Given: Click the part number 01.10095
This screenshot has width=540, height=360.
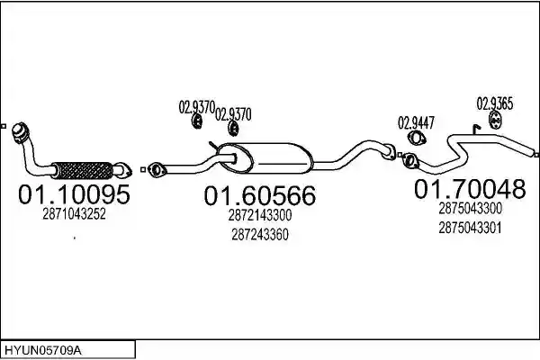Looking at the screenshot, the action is tap(74, 194).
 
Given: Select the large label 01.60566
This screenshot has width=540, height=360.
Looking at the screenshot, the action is tap(260, 195).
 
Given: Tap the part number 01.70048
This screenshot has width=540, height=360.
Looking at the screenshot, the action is tap(470, 189).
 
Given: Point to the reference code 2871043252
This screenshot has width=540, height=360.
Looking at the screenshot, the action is tap(74, 214).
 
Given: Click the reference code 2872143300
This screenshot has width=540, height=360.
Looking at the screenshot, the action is tap(260, 215).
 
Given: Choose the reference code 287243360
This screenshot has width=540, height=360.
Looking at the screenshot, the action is tap(260, 235).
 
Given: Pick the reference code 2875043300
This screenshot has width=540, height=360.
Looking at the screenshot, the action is tap(470, 209).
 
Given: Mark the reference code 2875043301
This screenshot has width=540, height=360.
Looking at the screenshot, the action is tap(470, 228).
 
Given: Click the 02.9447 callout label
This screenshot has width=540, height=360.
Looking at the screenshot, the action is tap(416, 123).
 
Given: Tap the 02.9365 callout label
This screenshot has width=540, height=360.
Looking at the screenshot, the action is tap(494, 103).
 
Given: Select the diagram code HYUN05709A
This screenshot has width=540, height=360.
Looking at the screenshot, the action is tap(43, 351).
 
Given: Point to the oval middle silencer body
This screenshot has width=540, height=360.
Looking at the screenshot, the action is tap(265, 158).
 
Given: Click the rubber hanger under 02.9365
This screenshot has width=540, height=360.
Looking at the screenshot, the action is tap(495, 121).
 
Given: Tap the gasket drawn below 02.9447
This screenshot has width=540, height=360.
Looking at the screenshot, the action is tap(417, 139).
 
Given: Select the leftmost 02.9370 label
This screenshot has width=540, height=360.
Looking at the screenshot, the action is tap(196, 107).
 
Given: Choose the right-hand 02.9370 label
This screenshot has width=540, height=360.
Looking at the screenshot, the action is tap(233, 114).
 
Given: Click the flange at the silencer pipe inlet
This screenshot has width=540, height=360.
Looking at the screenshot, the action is tap(157, 170).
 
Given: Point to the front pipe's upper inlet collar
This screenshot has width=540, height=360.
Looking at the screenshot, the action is tap(20, 131).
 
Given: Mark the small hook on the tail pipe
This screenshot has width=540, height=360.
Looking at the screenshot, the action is tap(476, 130).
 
